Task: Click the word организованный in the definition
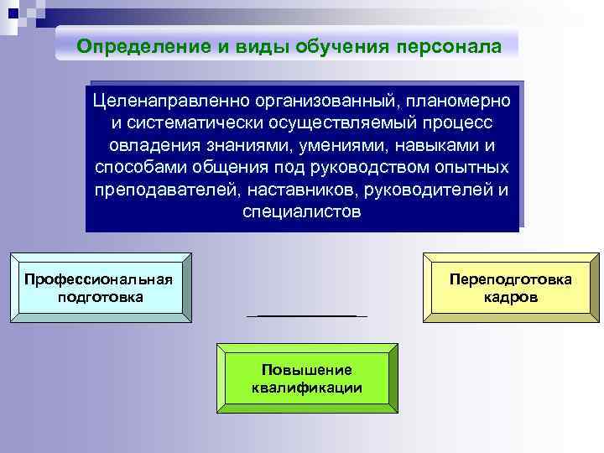(x=315, y=102)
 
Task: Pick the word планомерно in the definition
(x=458, y=102)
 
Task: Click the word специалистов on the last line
(x=302, y=211)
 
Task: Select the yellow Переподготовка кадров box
(x=511, y=288)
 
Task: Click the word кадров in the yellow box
(x=511, y=298)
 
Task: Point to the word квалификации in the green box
(x=306, y=388)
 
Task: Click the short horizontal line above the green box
(x=307, y=315)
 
